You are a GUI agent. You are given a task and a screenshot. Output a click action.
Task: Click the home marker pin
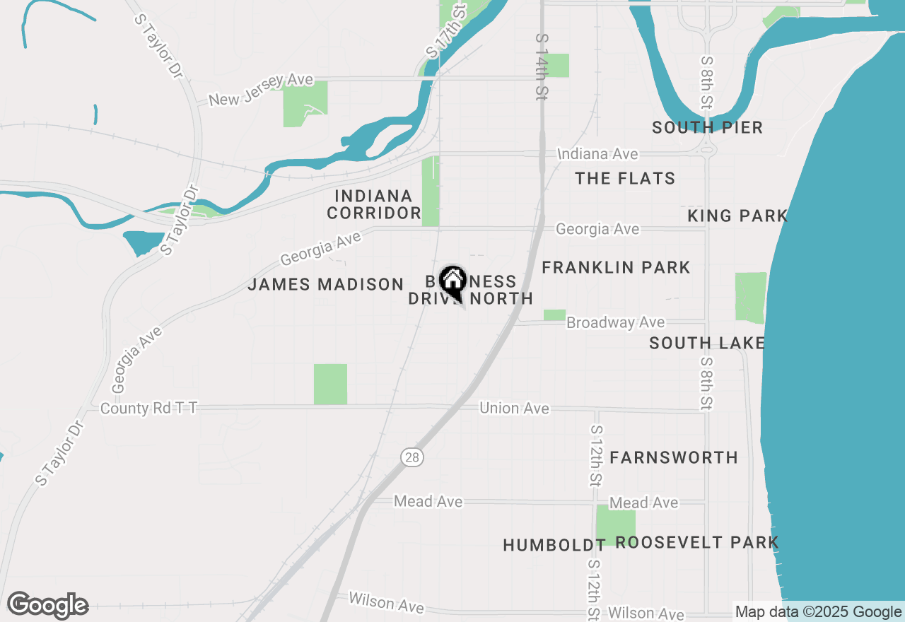452,281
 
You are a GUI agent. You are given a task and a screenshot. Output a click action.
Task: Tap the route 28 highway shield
412,457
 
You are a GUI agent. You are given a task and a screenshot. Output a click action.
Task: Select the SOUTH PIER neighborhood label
707,127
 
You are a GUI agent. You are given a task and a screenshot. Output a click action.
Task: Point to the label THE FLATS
625,178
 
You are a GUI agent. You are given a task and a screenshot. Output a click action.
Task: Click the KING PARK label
737,216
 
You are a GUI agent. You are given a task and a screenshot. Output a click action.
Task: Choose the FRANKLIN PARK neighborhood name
616,267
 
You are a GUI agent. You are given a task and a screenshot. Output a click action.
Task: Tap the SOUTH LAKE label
707,344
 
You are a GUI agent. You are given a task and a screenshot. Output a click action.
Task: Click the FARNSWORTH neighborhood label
674,457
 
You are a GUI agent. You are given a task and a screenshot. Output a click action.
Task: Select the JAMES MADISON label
325,284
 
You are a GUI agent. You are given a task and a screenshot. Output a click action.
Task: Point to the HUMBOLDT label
554,545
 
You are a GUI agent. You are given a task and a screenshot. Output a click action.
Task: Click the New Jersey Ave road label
262,90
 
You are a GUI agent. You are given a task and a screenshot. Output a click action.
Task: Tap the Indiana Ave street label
597,154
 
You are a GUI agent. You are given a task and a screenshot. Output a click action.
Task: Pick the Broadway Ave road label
615,322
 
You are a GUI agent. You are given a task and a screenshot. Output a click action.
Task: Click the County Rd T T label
148,409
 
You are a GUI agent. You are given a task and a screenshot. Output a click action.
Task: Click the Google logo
48,606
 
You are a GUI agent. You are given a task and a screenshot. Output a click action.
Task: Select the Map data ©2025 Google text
818,612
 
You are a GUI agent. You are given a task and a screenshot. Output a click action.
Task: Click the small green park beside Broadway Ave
554,315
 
